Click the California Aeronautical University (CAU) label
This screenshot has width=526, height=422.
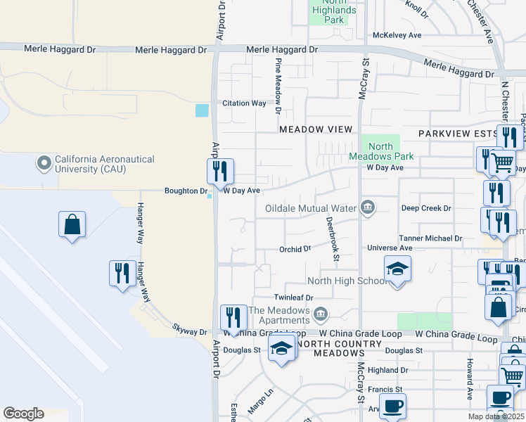104,165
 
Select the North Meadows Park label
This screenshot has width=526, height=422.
380,151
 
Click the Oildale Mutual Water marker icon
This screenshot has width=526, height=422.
367,207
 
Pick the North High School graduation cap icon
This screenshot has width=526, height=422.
397,269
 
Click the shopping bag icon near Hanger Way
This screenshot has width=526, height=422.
72,225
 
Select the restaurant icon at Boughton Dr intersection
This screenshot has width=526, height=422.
220,171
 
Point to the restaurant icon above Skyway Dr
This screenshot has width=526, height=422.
122,273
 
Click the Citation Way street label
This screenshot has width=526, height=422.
244,103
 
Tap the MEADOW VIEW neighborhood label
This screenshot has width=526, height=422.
315,129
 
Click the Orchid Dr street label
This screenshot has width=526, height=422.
295,249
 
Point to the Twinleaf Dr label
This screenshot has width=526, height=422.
292,298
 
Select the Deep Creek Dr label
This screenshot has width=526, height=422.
426,208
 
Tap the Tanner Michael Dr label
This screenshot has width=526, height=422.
430,238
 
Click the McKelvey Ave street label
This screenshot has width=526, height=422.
397,34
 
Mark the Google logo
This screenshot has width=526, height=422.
23,414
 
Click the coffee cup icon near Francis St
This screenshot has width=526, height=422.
394,405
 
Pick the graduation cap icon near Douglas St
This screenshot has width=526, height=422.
281,349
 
